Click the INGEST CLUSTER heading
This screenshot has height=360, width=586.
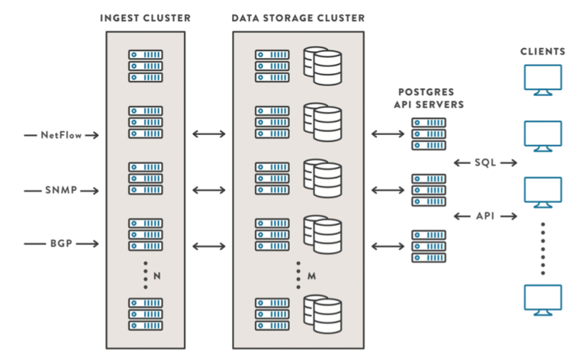pyautogui.click(x=145, y=18)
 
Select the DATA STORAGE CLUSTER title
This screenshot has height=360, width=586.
pyautogui.click(x=298, y=18)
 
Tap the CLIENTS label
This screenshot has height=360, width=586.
pyautogui.click(x=543, y=52)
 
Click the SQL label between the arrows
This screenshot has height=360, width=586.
pyautogui.click(x=485, y=162)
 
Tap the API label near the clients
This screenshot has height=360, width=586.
pyautogui.click(x=485, y=217)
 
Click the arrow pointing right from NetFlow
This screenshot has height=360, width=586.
pyautogui.click(x=91, y=135)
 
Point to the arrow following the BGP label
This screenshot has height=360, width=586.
pyautogui.click(x=91, y=244)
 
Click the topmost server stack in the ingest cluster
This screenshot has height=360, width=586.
pyautogui.click(x=145, y=66)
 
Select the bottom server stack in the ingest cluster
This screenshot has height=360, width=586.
pyautogui.click(x=145, y=314)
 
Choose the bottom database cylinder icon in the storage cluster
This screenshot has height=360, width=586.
pyautogui.click(x=322, y=313)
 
